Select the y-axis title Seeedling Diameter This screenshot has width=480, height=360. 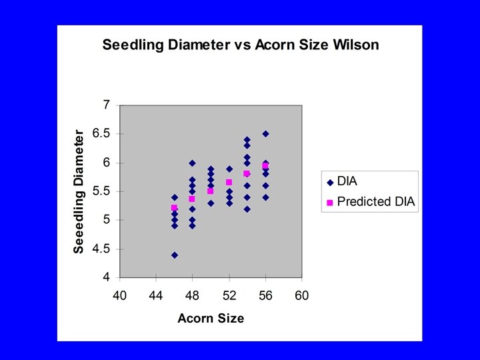coord(79,191)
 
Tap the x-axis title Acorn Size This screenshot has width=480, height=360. coord(211,318)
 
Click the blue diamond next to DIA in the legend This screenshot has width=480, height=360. coord(329,181)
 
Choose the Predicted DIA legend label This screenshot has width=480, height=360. coord(375,202)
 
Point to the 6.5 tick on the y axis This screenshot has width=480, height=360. coord(101,134)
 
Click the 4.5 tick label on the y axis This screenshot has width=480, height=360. coord(101,249)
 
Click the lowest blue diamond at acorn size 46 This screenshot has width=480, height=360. coord(174,255)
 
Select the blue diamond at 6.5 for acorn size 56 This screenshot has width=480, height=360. coord(265,134)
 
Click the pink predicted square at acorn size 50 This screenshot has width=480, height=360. coord(211,191)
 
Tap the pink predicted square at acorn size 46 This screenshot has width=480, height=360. coord(174,207)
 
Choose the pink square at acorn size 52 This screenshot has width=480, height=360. coord(229,182)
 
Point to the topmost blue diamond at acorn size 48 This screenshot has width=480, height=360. coord(192,163)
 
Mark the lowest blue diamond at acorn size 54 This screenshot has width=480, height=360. coord(247,209)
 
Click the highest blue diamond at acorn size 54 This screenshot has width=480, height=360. coord(247,139)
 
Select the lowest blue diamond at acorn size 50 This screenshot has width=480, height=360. coord(211,203)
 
